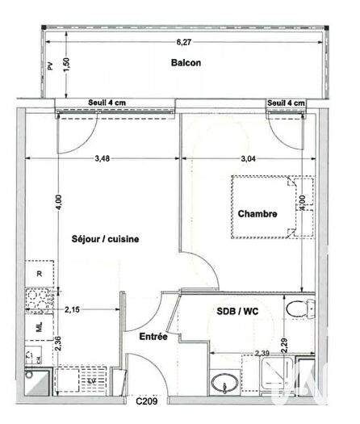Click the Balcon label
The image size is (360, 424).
[x=185, y=62]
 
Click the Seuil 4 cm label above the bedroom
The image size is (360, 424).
[x=286, y=103]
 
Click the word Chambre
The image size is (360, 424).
[x=257, y=214]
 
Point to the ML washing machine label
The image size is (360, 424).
[x=38, y=329]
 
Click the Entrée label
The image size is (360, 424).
[x=153, y=336]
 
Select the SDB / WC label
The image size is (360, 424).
[x=238, y=312]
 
